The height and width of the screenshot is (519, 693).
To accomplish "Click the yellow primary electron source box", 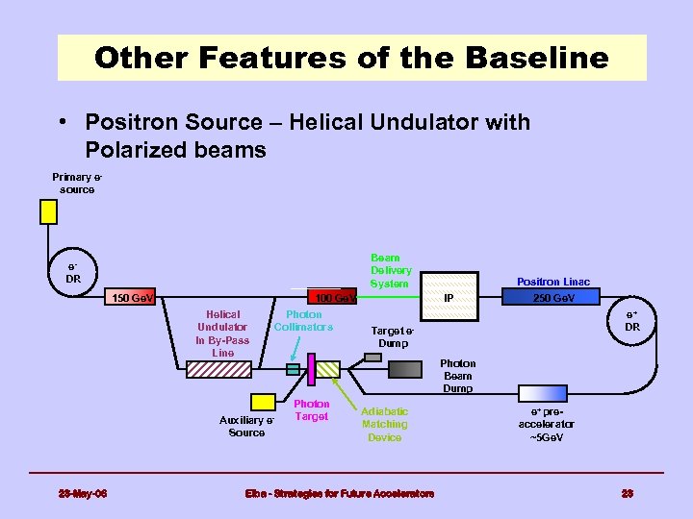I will point(48,211).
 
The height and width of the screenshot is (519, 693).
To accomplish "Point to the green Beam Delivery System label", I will point(391,271).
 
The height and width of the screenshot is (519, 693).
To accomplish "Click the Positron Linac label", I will point(553,282).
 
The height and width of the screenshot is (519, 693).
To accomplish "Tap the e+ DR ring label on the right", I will point(631,320).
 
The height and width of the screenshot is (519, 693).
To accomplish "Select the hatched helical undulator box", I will point(327,368).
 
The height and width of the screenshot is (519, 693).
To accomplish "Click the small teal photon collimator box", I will point(294,368).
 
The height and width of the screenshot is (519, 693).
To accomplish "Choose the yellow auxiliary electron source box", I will point(263,402).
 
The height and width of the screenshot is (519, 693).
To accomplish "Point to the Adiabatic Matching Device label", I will point(384,424).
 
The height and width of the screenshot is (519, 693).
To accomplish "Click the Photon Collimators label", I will point(303,321).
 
